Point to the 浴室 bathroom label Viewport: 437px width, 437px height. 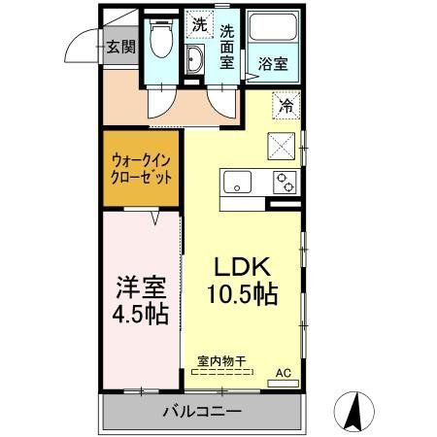pos(273,65)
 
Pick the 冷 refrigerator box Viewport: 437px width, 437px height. pos(287,104)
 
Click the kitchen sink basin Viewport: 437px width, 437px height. pos(237,182)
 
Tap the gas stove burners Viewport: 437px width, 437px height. pos(285,181)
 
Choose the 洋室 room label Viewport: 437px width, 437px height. pos(142,288)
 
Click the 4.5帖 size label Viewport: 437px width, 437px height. pos(142,315)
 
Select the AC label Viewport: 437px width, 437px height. pos(283,372)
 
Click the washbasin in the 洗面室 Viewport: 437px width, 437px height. pos(194,58)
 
